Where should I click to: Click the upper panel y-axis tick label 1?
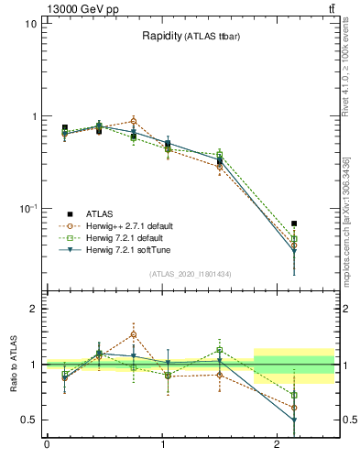point(34,116)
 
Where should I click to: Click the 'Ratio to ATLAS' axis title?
point(13,364)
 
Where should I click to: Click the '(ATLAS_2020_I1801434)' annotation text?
point(190,274)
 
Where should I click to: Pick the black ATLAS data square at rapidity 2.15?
point(294,223)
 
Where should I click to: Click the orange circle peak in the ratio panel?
point(134,334)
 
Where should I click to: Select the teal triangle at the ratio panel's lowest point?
point(294,420)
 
